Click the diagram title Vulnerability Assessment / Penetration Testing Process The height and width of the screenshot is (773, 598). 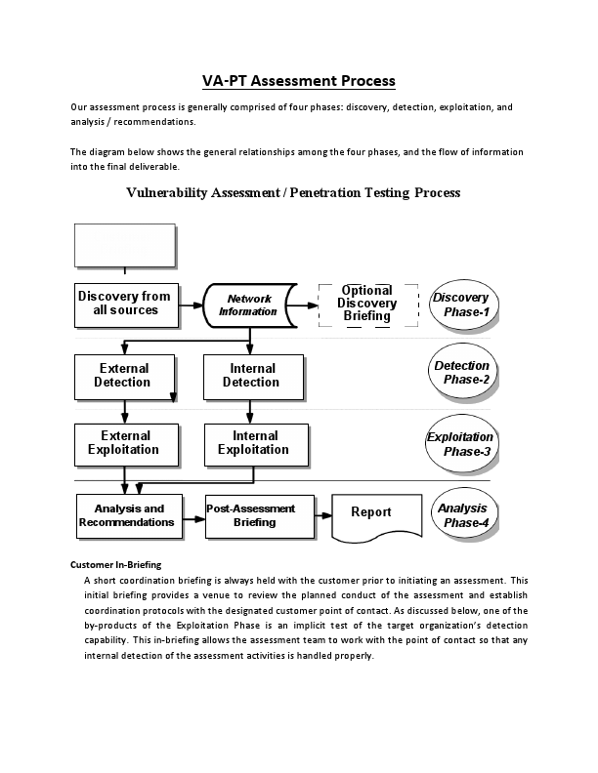[x=293, y=192]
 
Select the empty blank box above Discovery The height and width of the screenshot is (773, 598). [x=125, y=245]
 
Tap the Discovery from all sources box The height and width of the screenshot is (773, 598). [x=125, y=304]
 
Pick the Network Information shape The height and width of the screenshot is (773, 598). [x=250, y=305]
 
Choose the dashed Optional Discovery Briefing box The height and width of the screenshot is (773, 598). [x=367, y=304]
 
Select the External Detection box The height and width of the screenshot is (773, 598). [x=124, y=376]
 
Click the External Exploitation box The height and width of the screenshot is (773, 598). [x=124, y=443]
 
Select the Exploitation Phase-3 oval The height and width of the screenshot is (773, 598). [x=460, y=444]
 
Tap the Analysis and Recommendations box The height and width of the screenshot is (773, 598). [x=128, y=515]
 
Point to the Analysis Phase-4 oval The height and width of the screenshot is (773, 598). [x=462, y=515]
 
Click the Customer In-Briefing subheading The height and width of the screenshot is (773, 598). [x=115, y=565]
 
